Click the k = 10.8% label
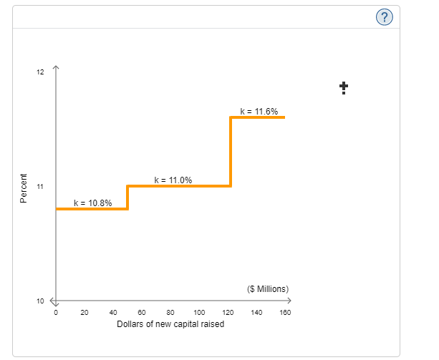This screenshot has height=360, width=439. [x=93, y=203]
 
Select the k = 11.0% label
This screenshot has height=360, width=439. [x=173, y=180]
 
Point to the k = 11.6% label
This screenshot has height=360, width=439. [x=259, y=111]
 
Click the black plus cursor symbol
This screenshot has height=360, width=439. [x=344, y=87]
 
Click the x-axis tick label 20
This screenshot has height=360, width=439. [x=85, y=313]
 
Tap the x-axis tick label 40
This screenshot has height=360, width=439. [x=113, y=313]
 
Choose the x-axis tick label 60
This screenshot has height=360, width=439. [x=142, y=313]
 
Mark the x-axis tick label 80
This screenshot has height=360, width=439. [x=170, y=313]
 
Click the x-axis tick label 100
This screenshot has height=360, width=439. [x=199, y=313]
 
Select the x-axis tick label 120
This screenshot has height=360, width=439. [x=228, y=313]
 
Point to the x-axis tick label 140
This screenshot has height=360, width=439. [x=256, y=313]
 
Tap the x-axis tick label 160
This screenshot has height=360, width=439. [x=285, y=313]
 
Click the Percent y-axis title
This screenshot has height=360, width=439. [x=23, y=188]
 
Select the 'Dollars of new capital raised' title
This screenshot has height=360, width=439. [x=170, y=324]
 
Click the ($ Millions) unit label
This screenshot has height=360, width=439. [x=267, y=289]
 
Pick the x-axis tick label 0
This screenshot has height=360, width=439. [x=56, y=313]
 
